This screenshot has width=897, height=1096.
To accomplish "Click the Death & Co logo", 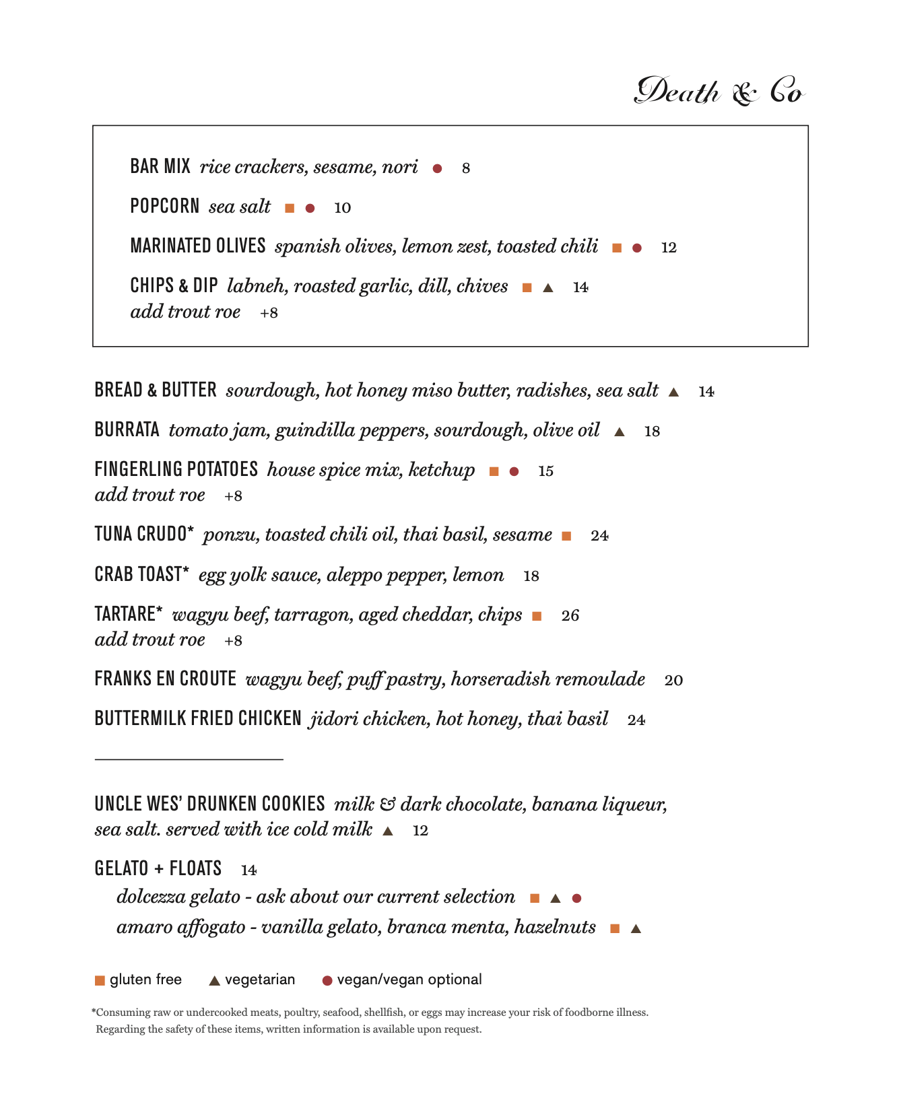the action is point(719,92).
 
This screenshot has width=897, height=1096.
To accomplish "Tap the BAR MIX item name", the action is point(160,166).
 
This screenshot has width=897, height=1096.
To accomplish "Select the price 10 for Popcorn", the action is point(342,208).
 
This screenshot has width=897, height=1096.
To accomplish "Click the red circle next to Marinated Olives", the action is point(637,248).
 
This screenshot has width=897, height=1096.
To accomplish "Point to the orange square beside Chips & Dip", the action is point(527,288).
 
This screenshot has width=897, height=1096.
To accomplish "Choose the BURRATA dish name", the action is point(127,430).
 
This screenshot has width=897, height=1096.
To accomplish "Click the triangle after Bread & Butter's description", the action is point(673,392).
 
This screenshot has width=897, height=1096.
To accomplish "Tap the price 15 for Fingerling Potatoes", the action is point(545,471).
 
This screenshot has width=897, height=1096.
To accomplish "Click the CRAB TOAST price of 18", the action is point(531,576).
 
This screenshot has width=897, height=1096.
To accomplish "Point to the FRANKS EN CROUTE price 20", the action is point(673,681).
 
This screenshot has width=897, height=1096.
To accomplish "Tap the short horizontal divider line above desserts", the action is point(189,759).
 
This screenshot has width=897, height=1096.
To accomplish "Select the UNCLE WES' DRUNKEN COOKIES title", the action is point(209,804).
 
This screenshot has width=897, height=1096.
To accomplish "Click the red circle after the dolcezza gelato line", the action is point(576,898).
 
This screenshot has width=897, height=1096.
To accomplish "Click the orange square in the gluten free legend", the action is point(100,980).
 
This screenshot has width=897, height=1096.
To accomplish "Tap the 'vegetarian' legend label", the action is point(260,980).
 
